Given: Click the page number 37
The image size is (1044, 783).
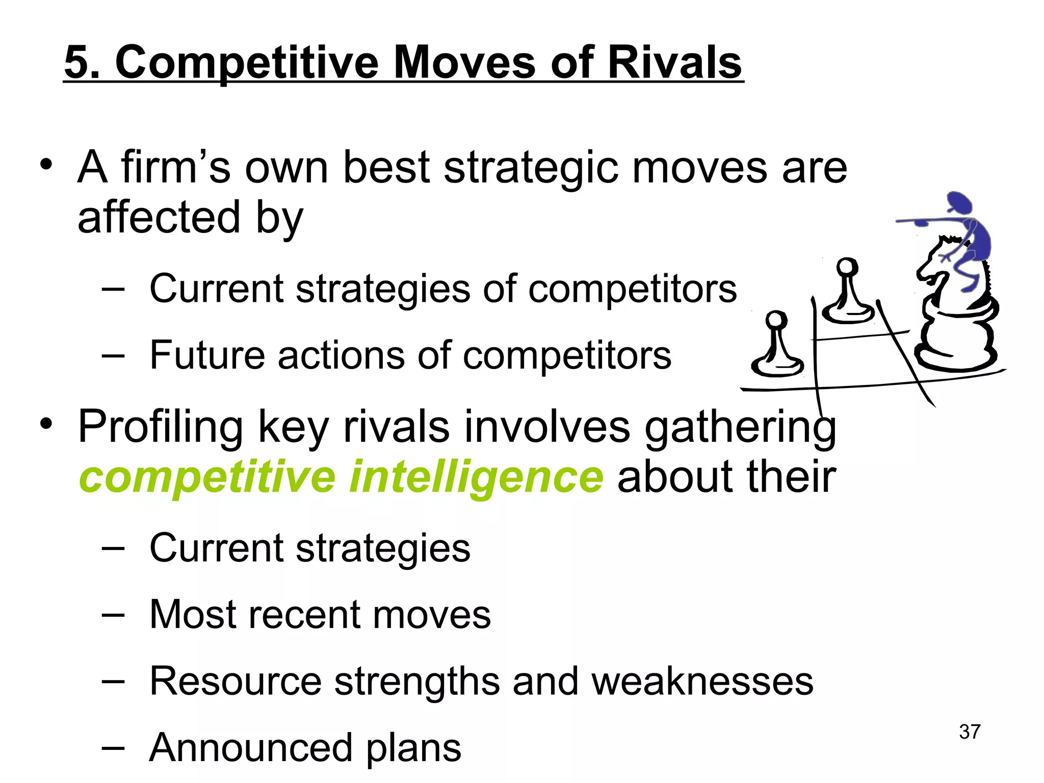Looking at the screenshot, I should point(970,732).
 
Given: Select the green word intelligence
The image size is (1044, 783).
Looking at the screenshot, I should point(476,478).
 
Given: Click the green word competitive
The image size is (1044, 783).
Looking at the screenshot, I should point(207,478).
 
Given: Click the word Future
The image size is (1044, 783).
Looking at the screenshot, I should point(207,355).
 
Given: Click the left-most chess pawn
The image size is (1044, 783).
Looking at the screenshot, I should point(776,347).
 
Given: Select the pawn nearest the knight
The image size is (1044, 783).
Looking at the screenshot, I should point(847,293).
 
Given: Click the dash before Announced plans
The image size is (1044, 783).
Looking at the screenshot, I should point(113,748).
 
